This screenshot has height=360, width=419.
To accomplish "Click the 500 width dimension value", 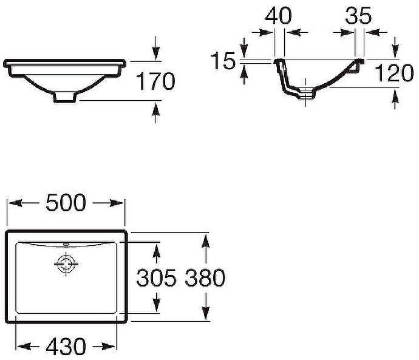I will point(66,203).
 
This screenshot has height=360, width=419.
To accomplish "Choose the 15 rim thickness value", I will point(223,61).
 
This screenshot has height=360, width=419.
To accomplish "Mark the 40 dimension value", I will point(279,16).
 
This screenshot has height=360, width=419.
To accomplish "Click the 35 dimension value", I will point(359,16).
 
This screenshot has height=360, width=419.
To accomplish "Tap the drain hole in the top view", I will point(65,264).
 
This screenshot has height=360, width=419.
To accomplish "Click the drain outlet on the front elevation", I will point(65,97).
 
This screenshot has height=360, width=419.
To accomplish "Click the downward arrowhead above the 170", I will point(157,55).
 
